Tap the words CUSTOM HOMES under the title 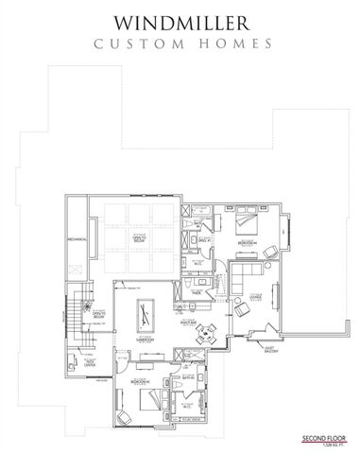(180, 43)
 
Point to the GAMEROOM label (146, 339)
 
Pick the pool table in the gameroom (146, 309)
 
